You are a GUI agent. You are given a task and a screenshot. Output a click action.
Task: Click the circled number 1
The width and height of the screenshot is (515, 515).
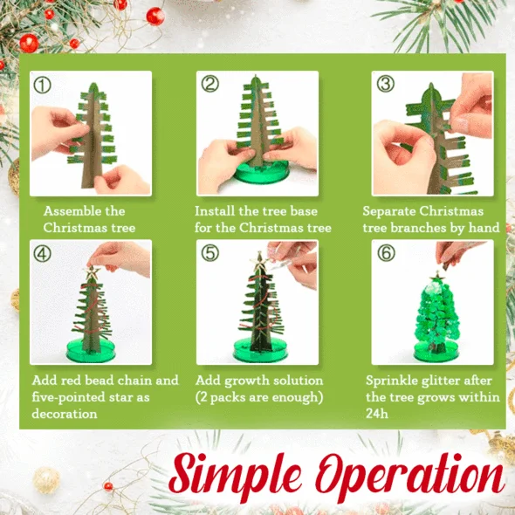(x=43, y=85)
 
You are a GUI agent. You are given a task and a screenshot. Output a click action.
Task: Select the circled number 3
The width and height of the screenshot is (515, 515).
(x=385, y=84)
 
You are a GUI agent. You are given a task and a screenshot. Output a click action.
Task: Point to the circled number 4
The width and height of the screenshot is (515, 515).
(x=43, y=253)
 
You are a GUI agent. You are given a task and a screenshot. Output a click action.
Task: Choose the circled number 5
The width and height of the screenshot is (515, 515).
(x=209, y=253)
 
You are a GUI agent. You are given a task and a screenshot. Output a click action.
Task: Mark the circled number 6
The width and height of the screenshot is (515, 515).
(x=386, y=253)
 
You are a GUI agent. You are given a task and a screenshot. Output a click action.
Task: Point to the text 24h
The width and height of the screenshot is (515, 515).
(x=377, y=414)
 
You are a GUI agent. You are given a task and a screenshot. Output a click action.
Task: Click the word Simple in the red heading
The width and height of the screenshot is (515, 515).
(x=235, y=474)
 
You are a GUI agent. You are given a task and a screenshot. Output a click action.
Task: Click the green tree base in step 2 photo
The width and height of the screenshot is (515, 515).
(x=261, y=173)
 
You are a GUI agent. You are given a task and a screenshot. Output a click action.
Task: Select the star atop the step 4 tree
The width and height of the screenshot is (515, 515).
(x=92, y=272)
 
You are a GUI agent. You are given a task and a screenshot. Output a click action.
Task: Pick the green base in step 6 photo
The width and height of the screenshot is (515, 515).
(x=436, y=352)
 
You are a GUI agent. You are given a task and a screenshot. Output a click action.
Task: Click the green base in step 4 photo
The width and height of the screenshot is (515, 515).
(x=91, y=351)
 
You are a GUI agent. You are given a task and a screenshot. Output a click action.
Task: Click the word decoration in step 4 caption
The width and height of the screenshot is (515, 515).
(x=65, y=414)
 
